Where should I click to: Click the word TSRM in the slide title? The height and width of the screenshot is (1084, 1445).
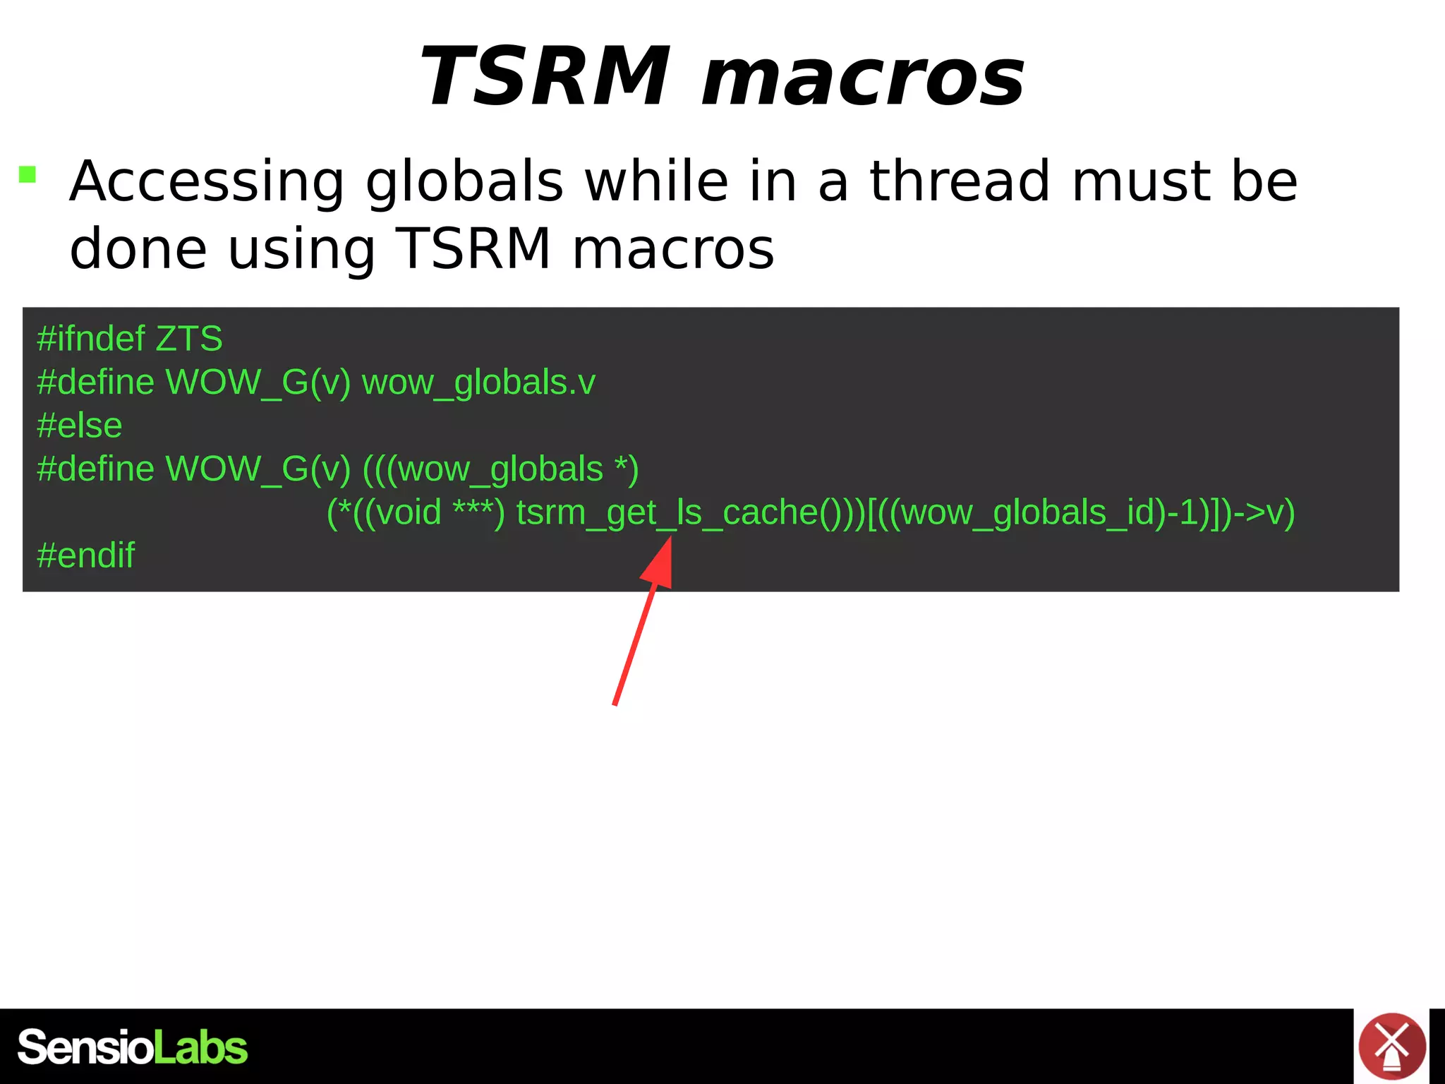click(x=545, y=76)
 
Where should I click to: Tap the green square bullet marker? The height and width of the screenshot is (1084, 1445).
click(x=28, y=174)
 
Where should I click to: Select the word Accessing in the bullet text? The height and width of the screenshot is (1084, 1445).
click(x=207, y=182)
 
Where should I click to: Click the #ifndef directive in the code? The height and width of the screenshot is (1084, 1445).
click(x=90, y=339)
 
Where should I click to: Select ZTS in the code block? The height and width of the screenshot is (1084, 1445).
click(x=189, y=339)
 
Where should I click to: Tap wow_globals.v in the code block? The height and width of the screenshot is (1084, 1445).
click(x=478, y=383)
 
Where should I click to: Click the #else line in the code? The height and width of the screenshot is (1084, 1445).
click(x=80, y=426)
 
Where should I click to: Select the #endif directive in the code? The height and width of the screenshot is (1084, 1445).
click(x=85, y=555)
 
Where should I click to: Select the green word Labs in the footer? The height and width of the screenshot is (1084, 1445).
click(x=200, y=1047)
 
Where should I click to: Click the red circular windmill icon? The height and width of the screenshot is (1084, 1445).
click(x=1392, y=1046)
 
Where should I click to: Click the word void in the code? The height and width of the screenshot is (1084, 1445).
click(x=409, y=512)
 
